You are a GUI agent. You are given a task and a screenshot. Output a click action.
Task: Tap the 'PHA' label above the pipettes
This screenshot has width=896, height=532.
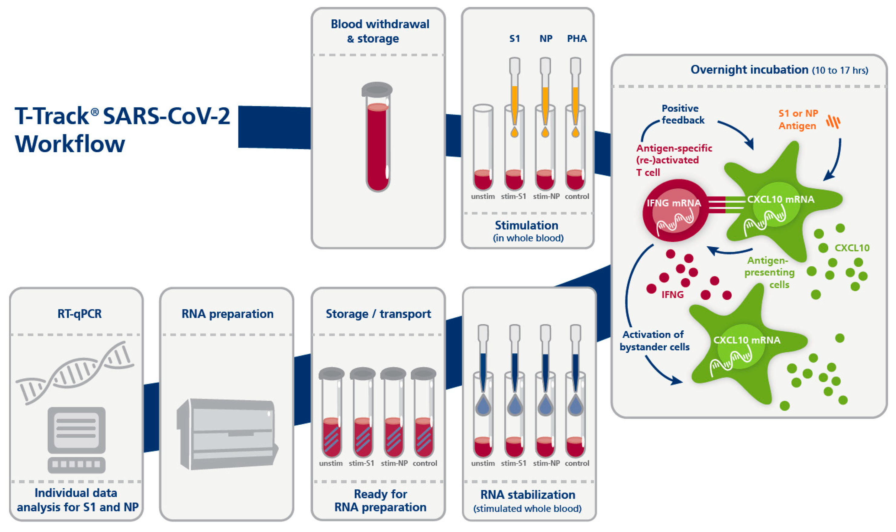[577, 39]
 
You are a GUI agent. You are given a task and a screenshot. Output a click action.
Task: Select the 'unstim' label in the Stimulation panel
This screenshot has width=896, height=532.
[483, 196]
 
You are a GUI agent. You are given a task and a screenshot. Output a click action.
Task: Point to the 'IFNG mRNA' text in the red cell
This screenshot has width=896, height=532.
[673, 203]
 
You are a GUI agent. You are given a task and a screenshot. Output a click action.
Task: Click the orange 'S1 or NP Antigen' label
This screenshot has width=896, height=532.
[798, 119]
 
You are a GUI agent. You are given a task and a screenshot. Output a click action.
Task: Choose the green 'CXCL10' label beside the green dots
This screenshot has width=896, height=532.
[852, 248]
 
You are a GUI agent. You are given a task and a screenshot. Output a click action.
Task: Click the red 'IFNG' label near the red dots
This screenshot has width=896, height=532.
[672, 295]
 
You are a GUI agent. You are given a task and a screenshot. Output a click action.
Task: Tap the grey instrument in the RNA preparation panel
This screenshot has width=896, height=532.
[228, 434]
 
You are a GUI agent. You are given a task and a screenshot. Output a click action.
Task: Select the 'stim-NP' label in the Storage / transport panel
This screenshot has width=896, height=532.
[394, 463]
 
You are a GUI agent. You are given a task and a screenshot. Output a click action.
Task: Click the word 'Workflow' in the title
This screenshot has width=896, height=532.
[70, 144]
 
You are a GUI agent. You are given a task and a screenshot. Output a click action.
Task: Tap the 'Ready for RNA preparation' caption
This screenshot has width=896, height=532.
[380, 501]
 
